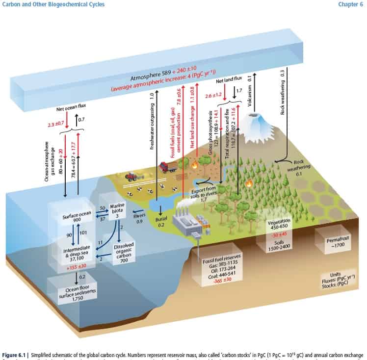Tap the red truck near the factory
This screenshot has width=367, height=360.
(168, 168)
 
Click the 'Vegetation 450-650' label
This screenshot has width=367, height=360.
(280, 225)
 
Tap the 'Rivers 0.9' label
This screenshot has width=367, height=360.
(140, 218)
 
